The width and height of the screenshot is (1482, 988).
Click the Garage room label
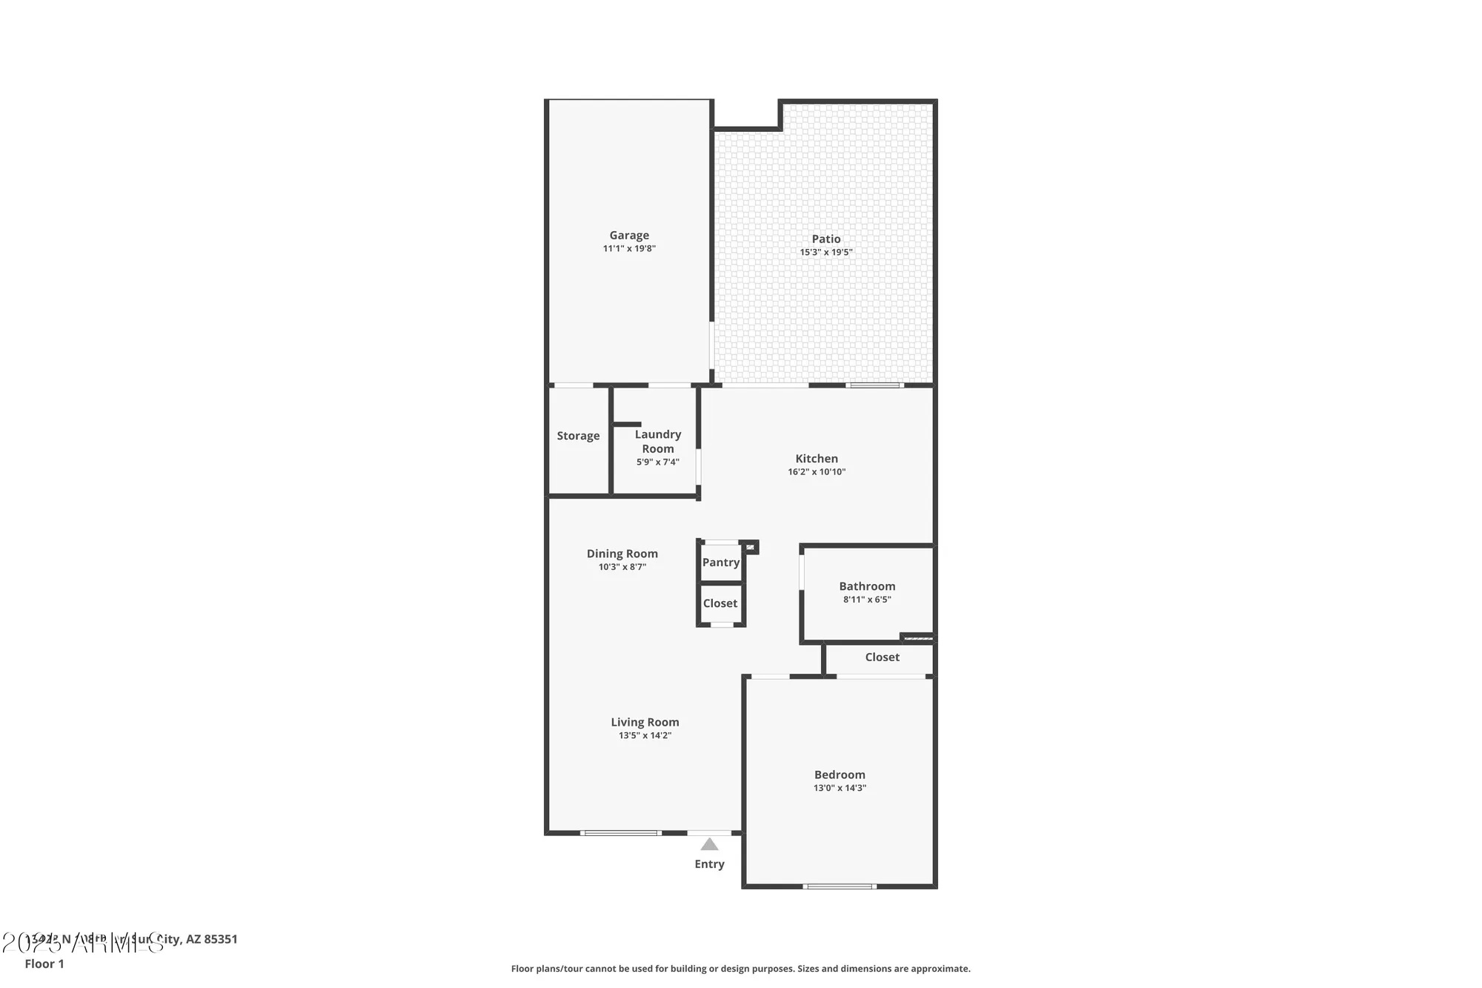[629, 235]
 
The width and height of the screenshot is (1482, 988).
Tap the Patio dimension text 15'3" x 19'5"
[825, 252]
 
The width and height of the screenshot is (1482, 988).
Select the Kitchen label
[817, 458]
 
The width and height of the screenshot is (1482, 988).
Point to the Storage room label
[578, 436]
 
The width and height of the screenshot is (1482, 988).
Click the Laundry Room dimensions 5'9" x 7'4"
[657, 462]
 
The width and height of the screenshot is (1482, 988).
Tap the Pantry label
[720, 562]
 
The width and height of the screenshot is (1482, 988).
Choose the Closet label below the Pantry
[720, 603]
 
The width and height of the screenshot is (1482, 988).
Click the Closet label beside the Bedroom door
[882, 657]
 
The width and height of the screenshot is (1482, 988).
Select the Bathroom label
[867, 586]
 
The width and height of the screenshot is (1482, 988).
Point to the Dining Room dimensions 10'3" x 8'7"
[622, 567]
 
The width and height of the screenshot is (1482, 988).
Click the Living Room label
[645, 722]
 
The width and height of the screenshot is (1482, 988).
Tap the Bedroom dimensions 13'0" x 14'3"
[840, 788]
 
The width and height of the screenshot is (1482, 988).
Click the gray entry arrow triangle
[709, 844]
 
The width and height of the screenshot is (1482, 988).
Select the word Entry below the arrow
[709, 864]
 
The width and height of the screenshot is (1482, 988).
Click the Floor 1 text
[44, 964]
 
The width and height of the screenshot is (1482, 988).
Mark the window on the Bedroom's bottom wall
[840, 886]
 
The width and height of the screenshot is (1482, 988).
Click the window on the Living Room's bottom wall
[620, 833]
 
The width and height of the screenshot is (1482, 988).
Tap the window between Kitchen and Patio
[874, 385]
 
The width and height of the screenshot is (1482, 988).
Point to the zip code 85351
[221, 939]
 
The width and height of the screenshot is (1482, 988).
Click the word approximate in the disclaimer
[943, 969]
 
